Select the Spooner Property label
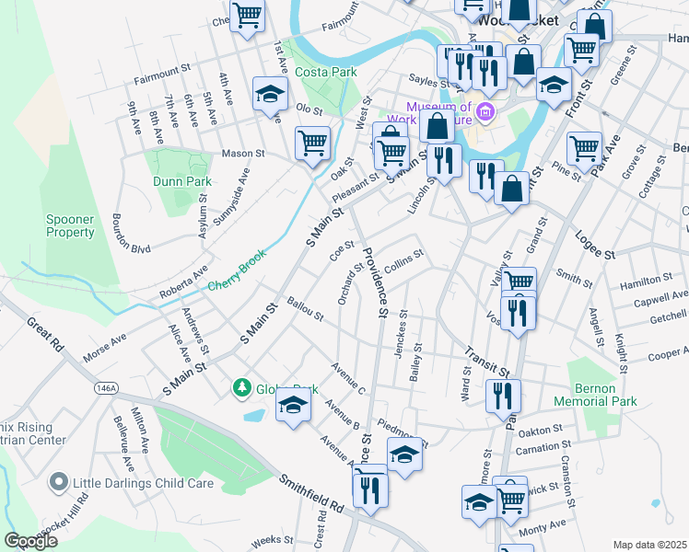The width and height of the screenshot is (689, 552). click(71, 225)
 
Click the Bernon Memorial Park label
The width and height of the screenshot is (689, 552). click(596, 395)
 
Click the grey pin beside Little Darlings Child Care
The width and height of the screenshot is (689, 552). click(59, 482)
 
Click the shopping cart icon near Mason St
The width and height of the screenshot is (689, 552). click(312, 143)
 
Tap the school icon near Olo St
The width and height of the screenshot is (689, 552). click(271, 94)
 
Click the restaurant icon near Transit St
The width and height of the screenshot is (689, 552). click(503, 396)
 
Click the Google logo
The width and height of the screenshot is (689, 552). click(30, 540)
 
